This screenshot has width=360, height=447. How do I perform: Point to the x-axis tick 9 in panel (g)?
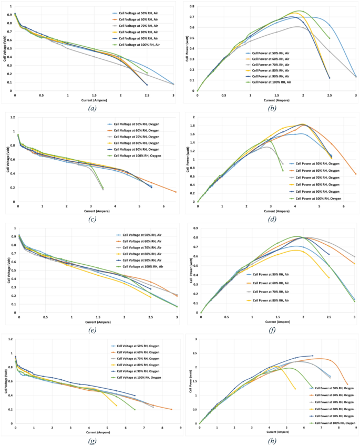coord(180,429)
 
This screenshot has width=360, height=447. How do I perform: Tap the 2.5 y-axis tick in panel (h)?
coord(194,339)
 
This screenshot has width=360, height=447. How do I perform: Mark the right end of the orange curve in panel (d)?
coord(356,174)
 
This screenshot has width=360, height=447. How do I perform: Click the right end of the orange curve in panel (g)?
coord(171,409)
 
